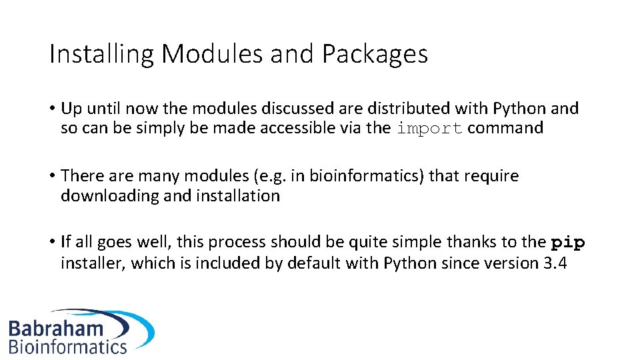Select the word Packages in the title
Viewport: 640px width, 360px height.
pyautogui.click(x=375, y=54)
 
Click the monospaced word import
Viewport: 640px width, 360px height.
pyautogui.click(x=429, y=129)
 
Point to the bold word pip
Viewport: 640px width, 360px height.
pyautogui.click(x=568, y=243)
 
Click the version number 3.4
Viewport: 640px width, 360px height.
pyautogui.click(x=555, y=263)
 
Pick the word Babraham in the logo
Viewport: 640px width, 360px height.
pyautogui.click(x=56, y=328)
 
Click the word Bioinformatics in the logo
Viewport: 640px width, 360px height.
pyautogui.click(x=67, y=347)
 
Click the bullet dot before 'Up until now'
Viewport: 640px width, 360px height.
pyautogui.click(x=52, y=109)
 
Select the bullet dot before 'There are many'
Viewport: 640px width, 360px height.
pyautogui.click(x=52, y=176)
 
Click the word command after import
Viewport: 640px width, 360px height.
pyautogui.click(x=505, y=128)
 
